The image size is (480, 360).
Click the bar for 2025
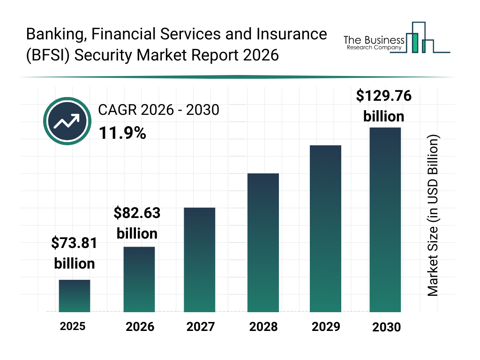(75, 296)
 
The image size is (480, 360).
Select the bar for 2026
(139, 279)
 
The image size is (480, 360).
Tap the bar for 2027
(200, 260)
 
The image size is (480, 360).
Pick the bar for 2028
(263, 243)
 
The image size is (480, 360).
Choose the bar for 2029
(326, 229)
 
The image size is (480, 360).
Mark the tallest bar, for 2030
(385, 219)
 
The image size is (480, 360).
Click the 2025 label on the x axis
(73, 326)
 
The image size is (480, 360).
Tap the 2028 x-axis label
(263, 327)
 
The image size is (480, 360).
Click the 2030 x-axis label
(387, 327)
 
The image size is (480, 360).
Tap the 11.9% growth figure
(122, 134)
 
